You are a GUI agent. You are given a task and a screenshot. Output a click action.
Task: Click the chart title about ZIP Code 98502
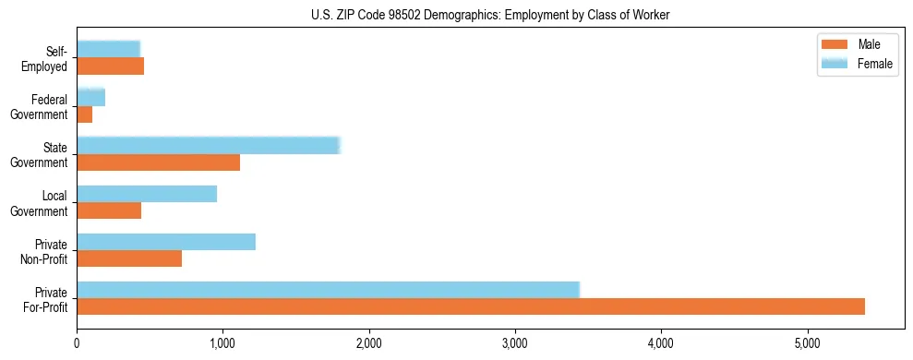(456, 15)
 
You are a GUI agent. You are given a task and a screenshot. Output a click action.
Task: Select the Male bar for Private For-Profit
(471, 306)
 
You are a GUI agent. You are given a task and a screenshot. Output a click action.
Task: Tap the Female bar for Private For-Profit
(328, 290)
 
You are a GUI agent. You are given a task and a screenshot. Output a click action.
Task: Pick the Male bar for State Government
(158, 162)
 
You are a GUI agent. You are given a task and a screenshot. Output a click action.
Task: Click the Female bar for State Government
(209, 145)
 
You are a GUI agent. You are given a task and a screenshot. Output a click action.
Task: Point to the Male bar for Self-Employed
(110, 66)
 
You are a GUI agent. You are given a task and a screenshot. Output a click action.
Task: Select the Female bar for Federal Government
(90, 97)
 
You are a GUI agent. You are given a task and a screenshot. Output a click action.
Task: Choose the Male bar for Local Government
(109, 210)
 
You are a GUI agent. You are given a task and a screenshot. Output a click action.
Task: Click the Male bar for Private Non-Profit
(129, 258)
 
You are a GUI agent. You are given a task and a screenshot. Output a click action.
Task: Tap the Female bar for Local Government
(147, 193)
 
